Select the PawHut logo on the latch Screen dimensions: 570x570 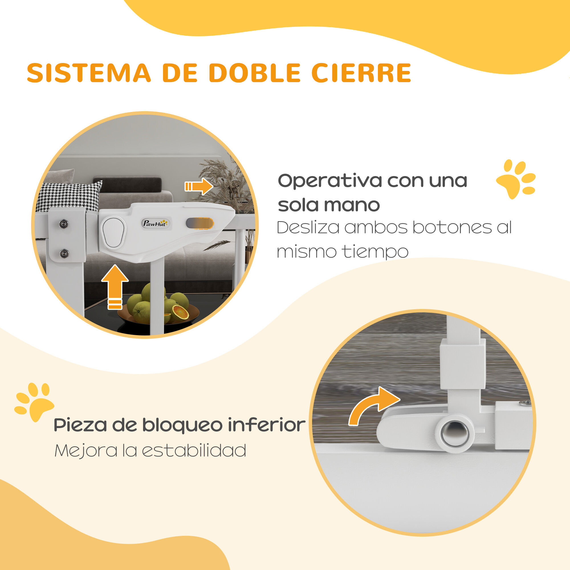155,223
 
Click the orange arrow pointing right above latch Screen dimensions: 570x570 199,186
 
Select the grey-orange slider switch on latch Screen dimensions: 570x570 199,223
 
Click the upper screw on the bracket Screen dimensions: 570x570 63,224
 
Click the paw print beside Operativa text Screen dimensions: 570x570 515,178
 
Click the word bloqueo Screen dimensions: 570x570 182,425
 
